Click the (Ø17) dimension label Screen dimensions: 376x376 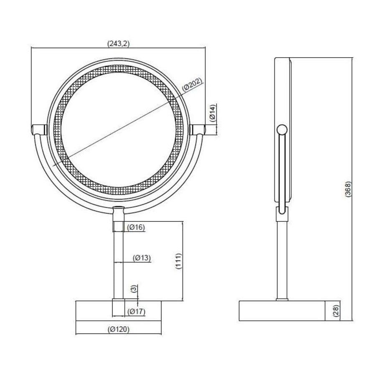coord(137,311)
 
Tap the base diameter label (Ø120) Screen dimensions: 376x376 coord(118,329)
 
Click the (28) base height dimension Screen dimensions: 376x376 coord(336,311)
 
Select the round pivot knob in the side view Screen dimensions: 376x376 coord(282,130)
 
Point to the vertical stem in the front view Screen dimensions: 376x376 coord(118,259)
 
